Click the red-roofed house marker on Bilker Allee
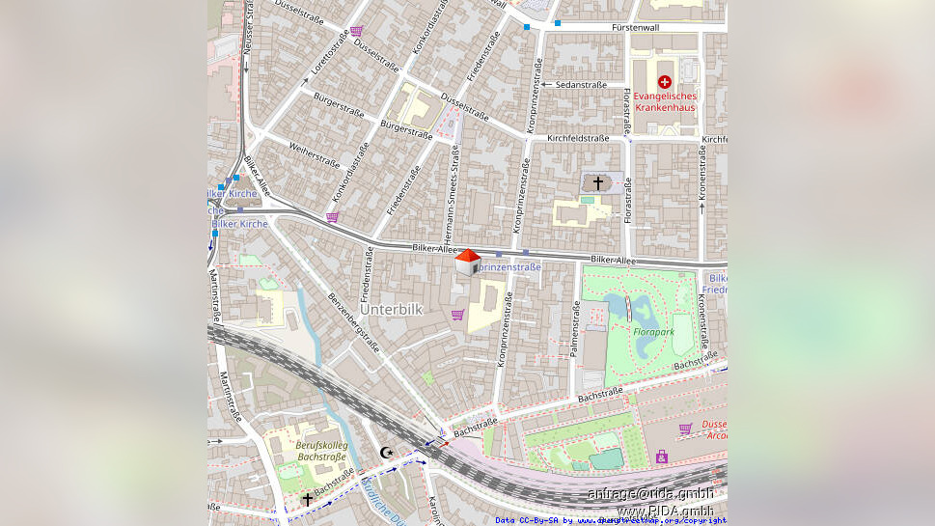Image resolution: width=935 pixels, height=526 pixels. click(x=467, y=262)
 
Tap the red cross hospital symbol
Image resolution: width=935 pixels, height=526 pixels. click(x=664, y=83)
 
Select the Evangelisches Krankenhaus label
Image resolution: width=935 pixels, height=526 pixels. click(x=664, y=101)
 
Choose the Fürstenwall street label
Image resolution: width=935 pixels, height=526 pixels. click(x=635, y=28)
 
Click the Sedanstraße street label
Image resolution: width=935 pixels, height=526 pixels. click(x=581, y=85)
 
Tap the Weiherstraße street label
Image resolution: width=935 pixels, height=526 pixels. click(x=315, y=152)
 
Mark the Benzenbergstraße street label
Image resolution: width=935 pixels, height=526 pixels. click(x=353, y=325)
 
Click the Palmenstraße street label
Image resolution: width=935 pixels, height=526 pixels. click(x=576, y=329)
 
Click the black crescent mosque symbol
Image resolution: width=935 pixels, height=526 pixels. click(x=387, y=453)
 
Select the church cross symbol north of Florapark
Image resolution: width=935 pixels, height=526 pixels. click(x=597, y=182)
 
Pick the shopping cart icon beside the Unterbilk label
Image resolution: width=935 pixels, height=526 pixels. click(x=457, y=315)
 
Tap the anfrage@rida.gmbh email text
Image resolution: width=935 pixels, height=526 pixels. click(x=650, y=494)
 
